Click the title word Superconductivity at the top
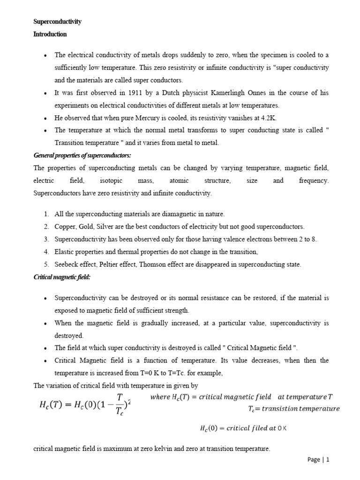[x=58, y=22]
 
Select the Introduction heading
[x=50, y=34]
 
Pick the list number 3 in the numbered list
[x=46, y=239]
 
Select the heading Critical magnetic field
[x=61, y=277]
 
